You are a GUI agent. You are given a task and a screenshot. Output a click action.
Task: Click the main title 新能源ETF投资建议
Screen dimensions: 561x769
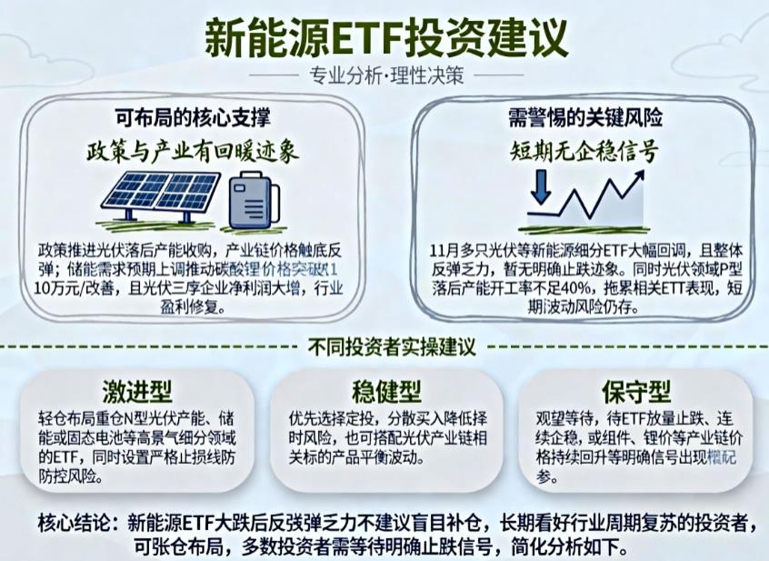(x=385, y=37)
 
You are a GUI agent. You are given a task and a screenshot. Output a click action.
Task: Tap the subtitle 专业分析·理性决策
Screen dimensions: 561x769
(x=385, y=75)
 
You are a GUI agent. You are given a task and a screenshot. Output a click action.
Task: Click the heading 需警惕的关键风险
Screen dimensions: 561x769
(x=585, y=117)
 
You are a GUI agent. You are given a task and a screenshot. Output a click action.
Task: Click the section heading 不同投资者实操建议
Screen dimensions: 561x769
(x=385, y=347)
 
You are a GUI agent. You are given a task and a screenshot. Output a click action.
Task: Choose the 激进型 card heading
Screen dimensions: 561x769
(x=138, y=392)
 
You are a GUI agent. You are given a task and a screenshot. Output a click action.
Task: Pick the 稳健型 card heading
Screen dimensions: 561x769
(x=385, y=392)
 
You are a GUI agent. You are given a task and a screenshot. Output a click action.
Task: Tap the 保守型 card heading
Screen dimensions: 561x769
(x=636, y=392)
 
